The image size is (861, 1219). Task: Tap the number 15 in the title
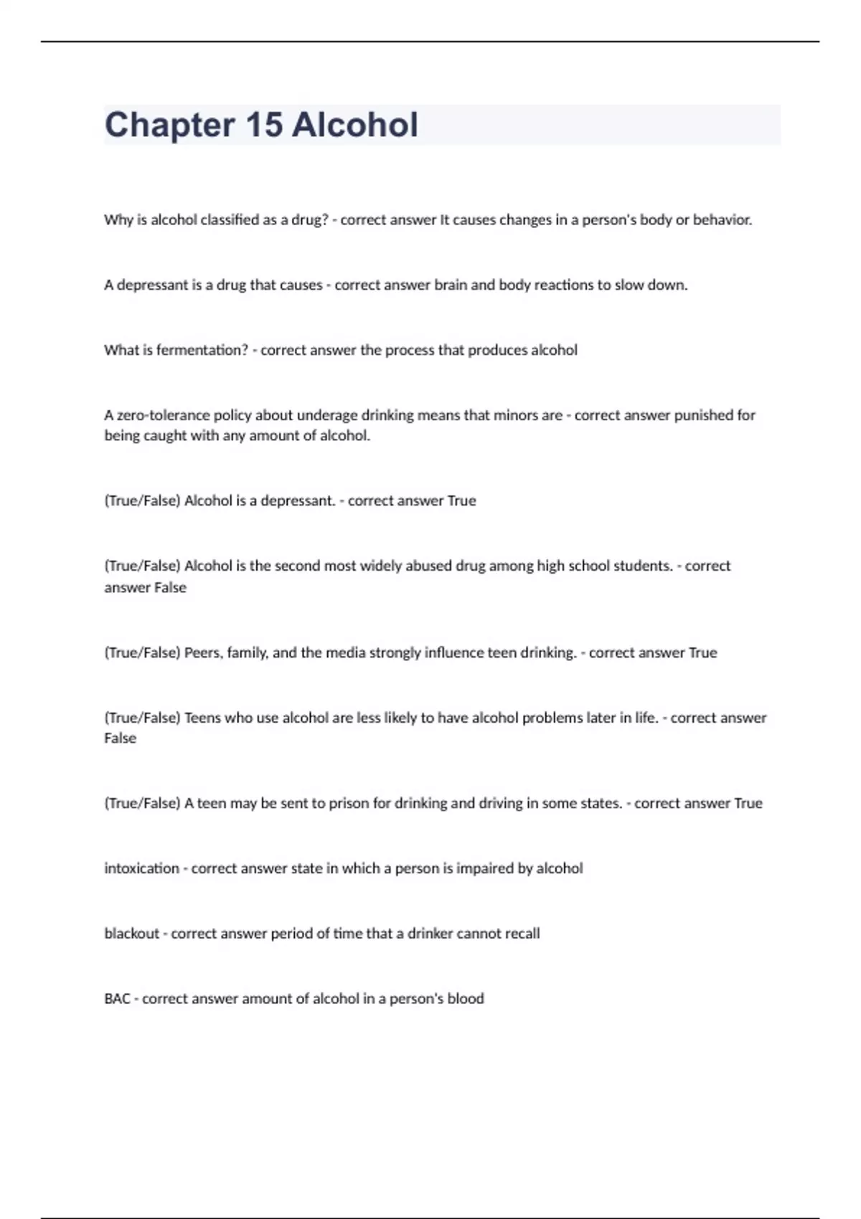(x=263, y=125)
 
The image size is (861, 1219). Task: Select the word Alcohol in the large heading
(x=354, y=125)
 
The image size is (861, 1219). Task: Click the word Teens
(x=202, y=718)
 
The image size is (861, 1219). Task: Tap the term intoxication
(x=141, y=868)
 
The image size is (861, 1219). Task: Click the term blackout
(x=131, y=934)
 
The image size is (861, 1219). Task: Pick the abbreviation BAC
(x=117, y=999)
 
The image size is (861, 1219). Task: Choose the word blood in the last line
(x=465, y=999)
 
